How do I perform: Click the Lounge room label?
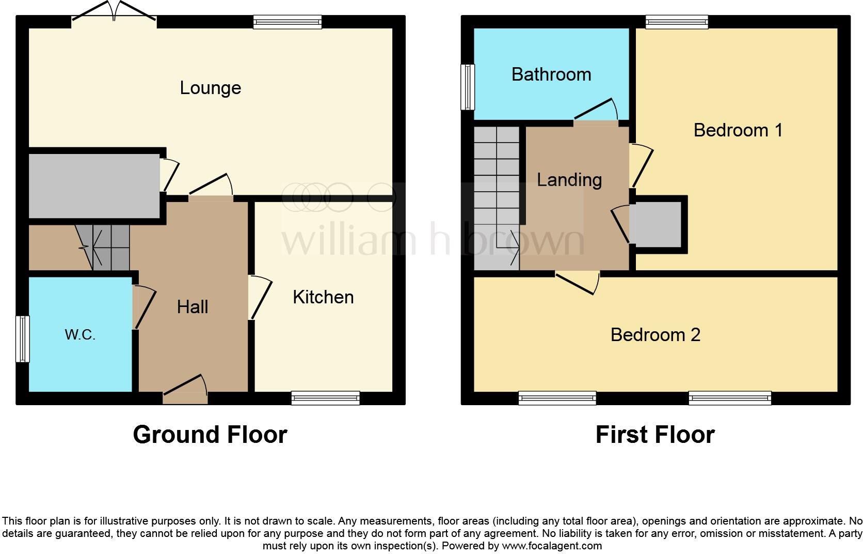[x=210, y=88]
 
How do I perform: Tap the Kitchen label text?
[x=323, y=297]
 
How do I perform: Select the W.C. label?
[x=80, y=335]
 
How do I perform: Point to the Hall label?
[x=193, y=307]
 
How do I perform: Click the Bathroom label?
[x=551, y=75]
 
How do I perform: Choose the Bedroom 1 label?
[x=738, y=130]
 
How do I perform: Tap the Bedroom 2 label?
[x=655, y=335]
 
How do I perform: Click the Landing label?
[x=569, y=180]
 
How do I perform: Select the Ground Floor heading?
[x=210, y=435]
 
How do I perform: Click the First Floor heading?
[x=655, y=435]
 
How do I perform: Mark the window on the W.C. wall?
[x=22, y=339]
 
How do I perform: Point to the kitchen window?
[x=325, y=397]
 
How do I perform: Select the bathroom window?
[x=468, y=87]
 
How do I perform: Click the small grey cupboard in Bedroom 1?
[x=658, y=225]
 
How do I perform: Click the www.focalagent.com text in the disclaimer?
[x=551, y=546]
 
